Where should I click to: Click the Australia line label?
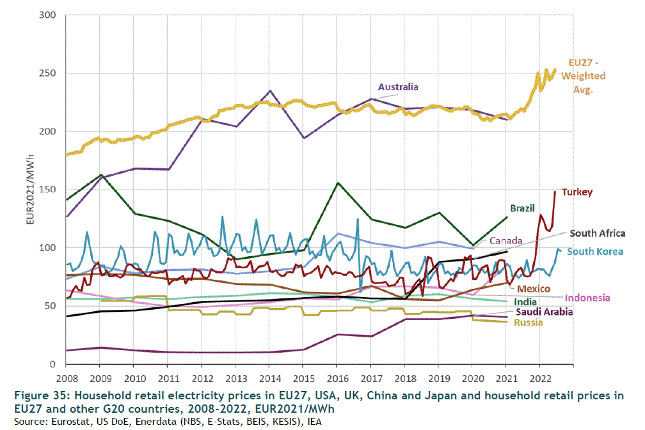397,87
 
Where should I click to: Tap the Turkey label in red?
577,192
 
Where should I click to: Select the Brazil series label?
523,208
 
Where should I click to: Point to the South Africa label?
597,233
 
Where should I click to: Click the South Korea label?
595,251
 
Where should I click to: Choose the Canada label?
506,241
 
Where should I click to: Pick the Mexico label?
534,289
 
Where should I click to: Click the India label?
525,302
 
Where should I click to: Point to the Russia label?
529,322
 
